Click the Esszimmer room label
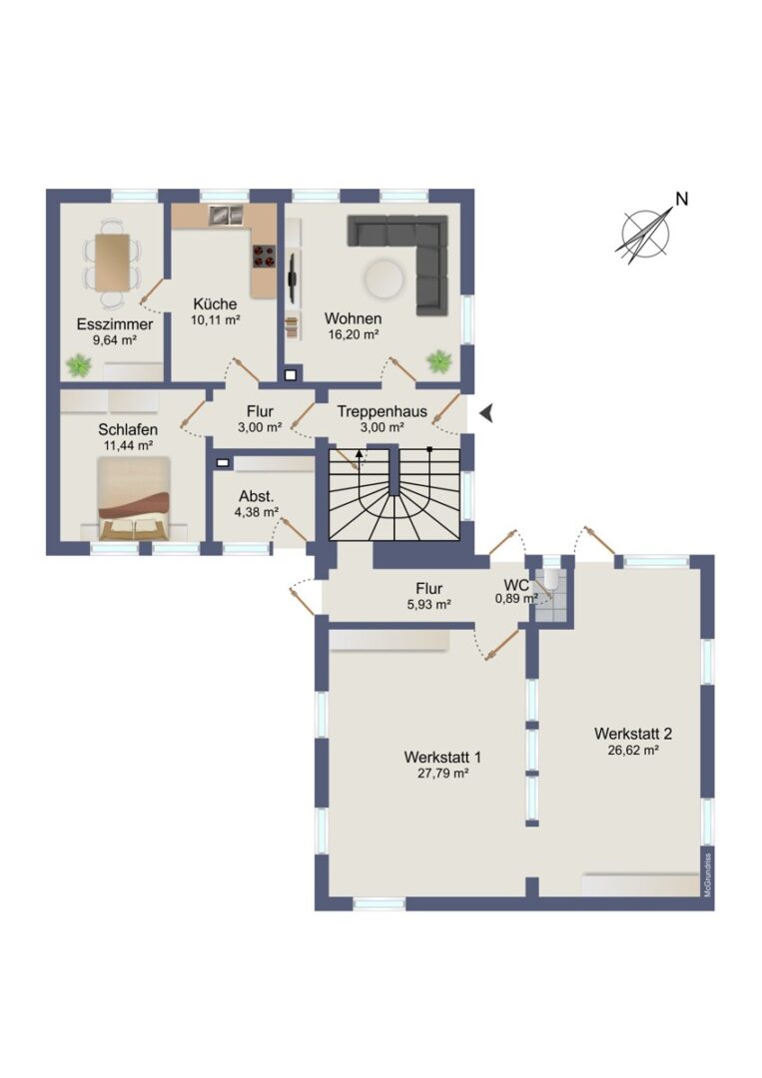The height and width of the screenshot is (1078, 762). click(x=115, y=324)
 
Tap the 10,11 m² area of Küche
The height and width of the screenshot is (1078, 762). click(x=216, y=319)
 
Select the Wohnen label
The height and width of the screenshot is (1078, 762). click(x=353, y=319)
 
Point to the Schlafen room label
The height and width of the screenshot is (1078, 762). click(x=128, y=429)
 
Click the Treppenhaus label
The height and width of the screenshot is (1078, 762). click(x=381, y=412)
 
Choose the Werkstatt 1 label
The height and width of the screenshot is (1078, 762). click(x=442, y=757)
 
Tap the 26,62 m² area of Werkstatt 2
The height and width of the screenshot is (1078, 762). click(x=633, y=750)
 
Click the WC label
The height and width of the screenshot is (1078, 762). click(x=516, y=585)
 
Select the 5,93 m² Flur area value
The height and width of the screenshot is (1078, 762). click(x=428, y=605)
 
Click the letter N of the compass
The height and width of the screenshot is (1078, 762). click(x=681, y=200)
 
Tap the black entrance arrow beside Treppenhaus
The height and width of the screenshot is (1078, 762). click(x=487, y=413)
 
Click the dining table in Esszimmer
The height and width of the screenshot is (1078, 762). click(x=112, y=262)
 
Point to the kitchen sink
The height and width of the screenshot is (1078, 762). click(x=227, y=216)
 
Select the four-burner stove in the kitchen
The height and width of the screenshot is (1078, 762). click(x=265, y=256)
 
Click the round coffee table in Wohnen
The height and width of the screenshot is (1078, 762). click(x=383, y=278)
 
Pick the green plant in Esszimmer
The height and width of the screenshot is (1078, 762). click(x=80, y=364)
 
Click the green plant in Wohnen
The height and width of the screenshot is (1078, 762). click(x=438, y=360)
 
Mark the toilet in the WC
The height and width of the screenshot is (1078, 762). click(x=551, y=583)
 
